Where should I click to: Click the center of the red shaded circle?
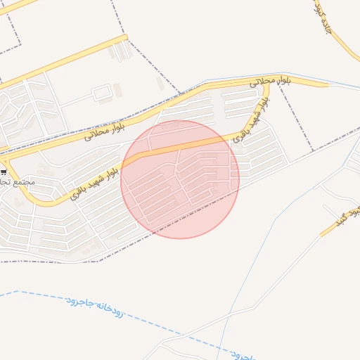[x=180, y=179]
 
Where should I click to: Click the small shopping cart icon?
[x=4, y=172]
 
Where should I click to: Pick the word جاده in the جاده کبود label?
[x=326, y=28]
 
